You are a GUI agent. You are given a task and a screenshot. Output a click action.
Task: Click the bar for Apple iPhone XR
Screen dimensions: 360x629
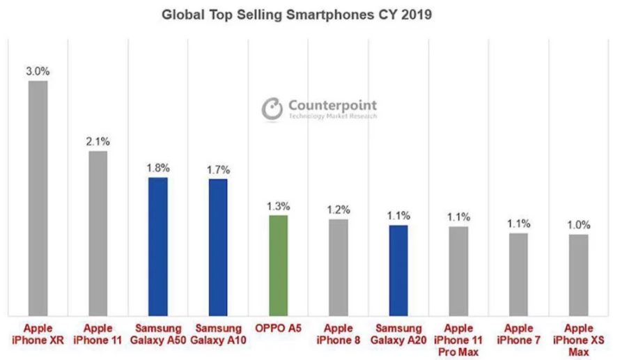[x=38, y=198]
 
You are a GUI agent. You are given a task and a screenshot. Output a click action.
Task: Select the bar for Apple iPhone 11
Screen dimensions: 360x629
[x=98, y=233]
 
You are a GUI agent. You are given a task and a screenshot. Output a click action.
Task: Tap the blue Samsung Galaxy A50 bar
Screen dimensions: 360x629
[x=158, y=246]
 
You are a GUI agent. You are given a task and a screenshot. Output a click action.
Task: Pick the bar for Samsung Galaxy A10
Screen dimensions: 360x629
[x=218, y=248]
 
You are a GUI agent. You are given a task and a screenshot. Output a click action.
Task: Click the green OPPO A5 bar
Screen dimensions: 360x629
[x=278, y=265]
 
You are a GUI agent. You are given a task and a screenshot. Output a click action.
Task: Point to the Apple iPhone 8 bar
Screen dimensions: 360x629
[x=338, y=267]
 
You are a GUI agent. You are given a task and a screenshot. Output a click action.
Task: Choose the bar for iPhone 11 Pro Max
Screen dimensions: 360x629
[x=458, y=271]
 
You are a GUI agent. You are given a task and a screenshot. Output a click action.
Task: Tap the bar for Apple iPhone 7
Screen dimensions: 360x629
[x=518, y=274]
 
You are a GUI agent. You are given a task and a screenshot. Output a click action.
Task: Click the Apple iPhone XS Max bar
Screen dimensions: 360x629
[x=578, y=275]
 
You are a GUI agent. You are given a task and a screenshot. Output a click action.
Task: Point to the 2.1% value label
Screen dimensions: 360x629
[x=98, y=141]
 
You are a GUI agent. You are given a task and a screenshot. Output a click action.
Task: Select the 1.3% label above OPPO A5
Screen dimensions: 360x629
[x=278, y=206]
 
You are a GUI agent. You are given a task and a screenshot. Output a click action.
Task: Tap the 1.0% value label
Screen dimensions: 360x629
[x=578, y=225]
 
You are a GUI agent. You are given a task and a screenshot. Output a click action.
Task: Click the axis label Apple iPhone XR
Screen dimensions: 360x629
[x=38, y=334]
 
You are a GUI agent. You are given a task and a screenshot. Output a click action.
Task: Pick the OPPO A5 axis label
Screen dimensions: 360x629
[x=278, y=328]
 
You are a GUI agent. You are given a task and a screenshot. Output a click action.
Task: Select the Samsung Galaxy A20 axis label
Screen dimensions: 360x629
[x=398, y=334]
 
